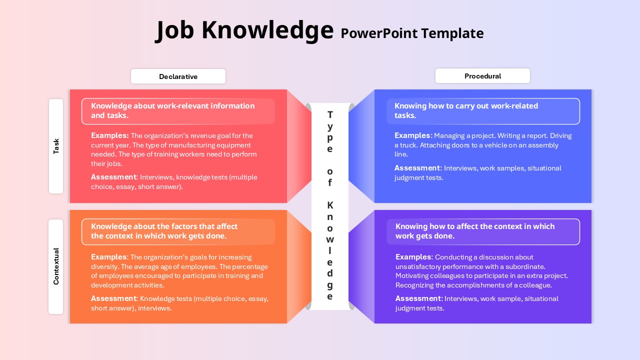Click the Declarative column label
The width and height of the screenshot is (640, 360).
point(178,76)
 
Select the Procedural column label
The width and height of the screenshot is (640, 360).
point(482,76)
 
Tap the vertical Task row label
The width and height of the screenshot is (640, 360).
point(56,146)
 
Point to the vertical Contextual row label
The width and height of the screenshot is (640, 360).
point(56,266)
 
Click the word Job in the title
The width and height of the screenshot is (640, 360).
point(174,31)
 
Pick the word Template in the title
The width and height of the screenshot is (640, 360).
point(452,33)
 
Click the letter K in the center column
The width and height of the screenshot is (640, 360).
point(330,205)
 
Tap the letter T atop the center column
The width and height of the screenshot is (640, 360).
point(330,115)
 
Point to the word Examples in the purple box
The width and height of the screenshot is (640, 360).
point(414,257)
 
